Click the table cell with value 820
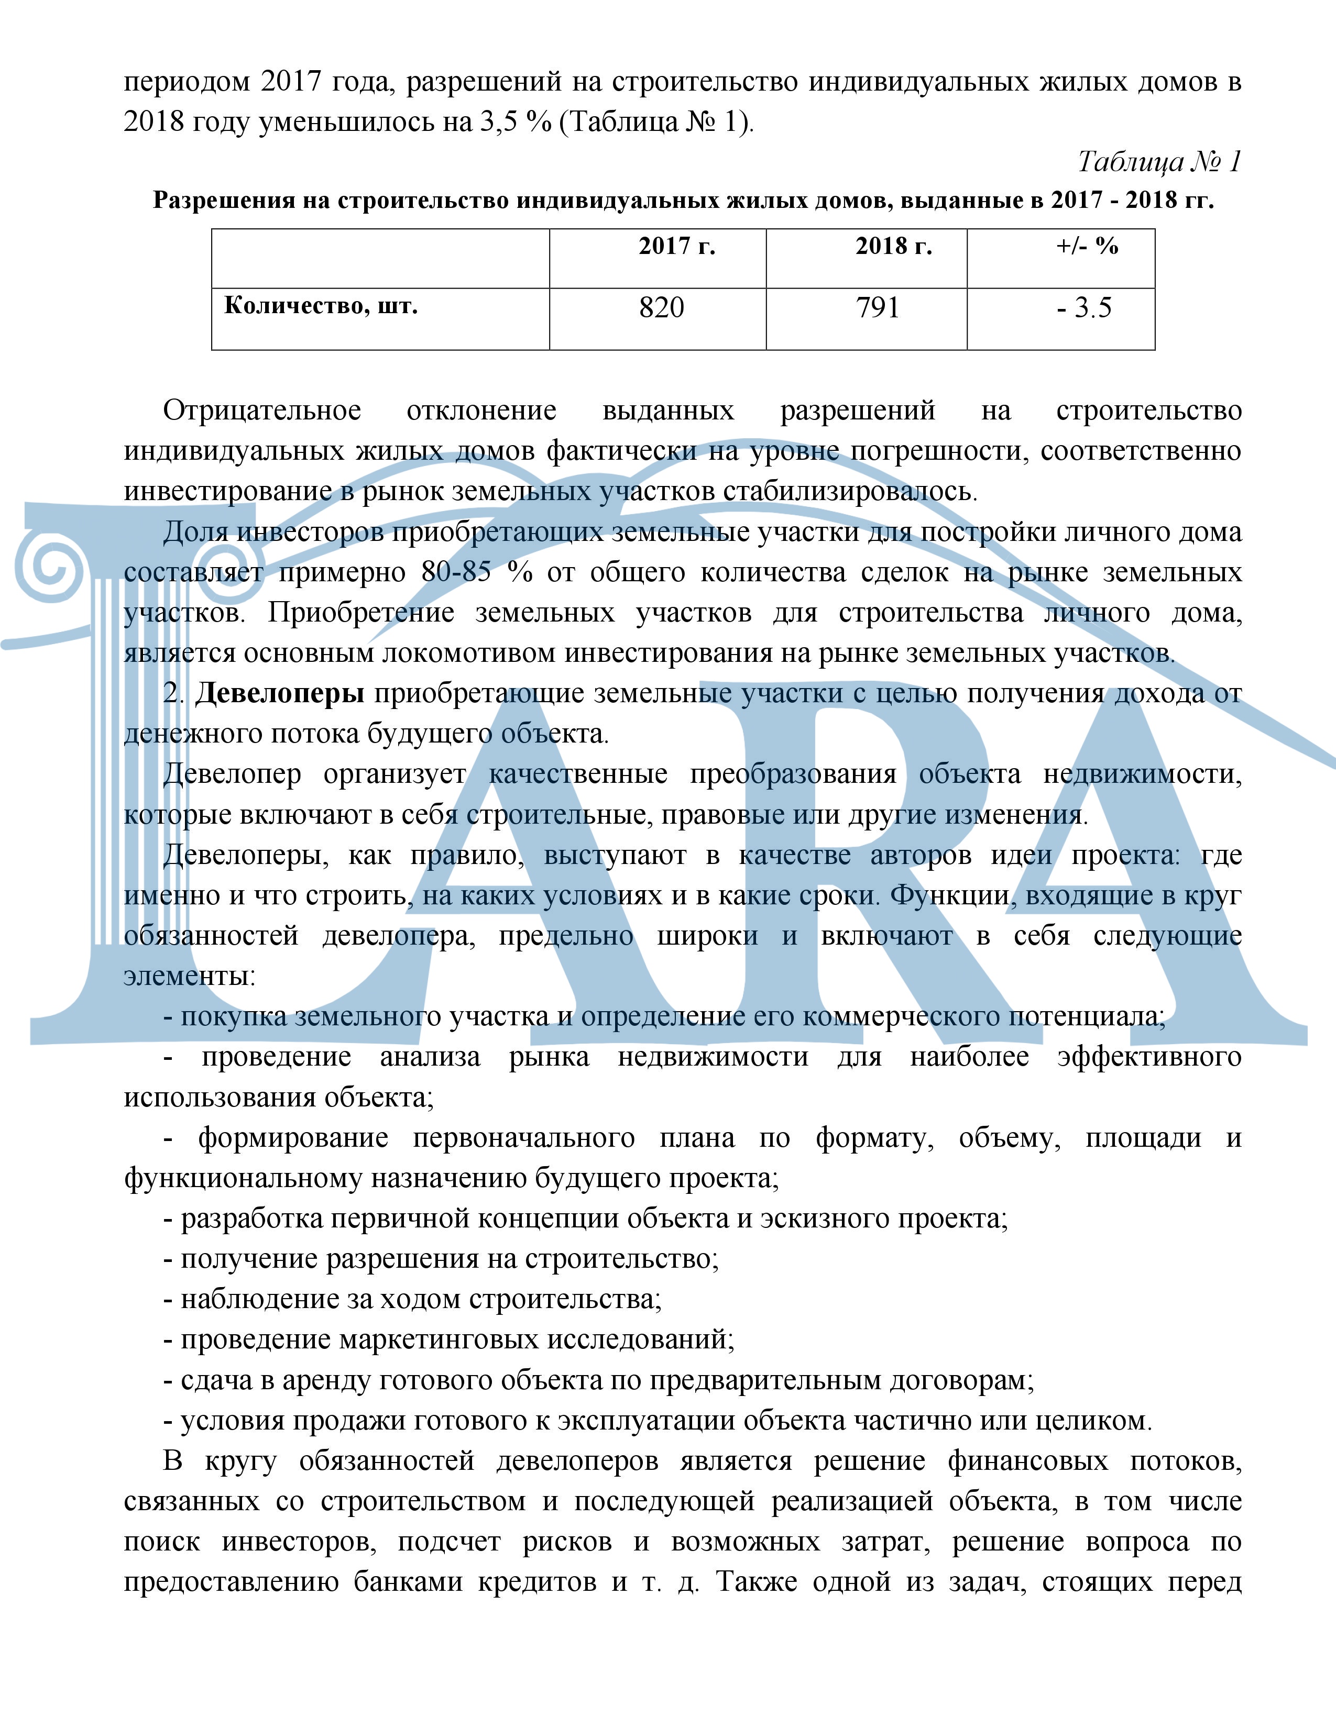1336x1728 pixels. pos(662,308)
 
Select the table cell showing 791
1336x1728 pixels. pos(878,308)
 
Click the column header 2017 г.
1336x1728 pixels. pos(677,247)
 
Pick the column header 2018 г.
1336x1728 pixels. pos(894,247)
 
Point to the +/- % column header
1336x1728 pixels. pos(1087,247)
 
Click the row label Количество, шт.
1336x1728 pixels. pos(321,306)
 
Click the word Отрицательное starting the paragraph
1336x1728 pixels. pos(262,411)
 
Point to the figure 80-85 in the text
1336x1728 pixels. pos(456,572)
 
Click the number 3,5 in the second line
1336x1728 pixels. pos(498,122)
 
